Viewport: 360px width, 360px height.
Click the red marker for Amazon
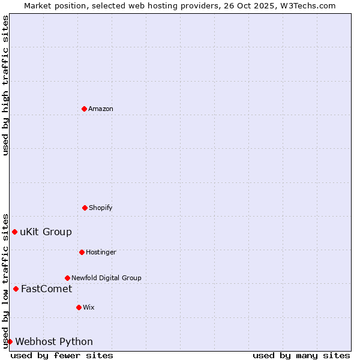point(84,109)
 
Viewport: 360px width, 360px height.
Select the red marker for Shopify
point(85,208)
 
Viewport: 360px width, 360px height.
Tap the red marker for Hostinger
point(82,252)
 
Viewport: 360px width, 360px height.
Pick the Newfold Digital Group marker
point(67,278)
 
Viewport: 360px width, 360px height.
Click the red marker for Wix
point(79,307)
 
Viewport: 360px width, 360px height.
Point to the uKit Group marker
point(14,232)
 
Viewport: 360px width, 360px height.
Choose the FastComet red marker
point(16,289)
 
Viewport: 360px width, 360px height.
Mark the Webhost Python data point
point(10,341)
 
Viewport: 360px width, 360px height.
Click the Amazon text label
point(101,109)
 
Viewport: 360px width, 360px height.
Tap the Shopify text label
point(101,208)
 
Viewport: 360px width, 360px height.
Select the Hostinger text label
point(101,252)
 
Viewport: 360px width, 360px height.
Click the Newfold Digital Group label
point(106,278)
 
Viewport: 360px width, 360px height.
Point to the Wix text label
point(89,307)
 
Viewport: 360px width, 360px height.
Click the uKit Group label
point(46,232)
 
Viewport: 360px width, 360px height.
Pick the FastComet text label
point(46,289)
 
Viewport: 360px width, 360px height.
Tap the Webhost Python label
point(54,342)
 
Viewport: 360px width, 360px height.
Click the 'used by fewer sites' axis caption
point(62,355)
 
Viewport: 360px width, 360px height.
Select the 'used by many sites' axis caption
point(301,355)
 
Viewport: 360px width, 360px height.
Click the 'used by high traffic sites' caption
point(5,85)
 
